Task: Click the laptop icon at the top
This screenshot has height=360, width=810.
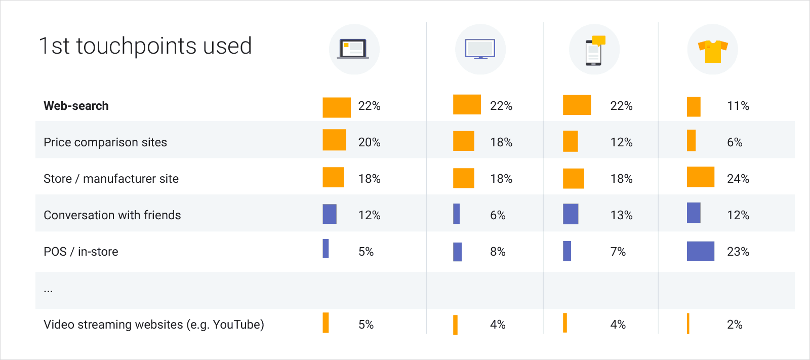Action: (x=353, y=49)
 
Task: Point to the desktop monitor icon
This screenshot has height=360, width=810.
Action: (x=480, y=49)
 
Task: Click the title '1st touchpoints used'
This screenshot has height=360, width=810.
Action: (x=145, y=46)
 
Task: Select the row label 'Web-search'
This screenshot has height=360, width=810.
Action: (x=76, y=106)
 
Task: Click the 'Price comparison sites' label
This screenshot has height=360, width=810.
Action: (x=105, y=142)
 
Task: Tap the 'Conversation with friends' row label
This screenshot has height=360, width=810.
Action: (x=112, y=215)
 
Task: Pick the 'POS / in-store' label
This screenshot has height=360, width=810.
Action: (x=81, y=252)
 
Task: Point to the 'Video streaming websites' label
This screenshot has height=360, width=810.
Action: (x=154, y=325)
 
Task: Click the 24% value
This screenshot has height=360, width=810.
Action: (x=738, y=179)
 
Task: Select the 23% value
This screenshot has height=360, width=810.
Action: (x=738, y=252)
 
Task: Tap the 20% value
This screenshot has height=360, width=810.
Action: (x=369, y=142)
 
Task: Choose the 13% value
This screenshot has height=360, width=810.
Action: (x=621, y=215)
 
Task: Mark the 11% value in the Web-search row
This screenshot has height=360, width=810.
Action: (x=738, y=106)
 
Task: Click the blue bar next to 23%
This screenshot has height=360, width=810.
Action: (x=701, y=251)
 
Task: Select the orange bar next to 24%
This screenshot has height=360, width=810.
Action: (x=701, y=177)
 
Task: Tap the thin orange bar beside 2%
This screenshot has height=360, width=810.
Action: (x=688, y=324)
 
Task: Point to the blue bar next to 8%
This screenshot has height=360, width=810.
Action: (x=457, y=252)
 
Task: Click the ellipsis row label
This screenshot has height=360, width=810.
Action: (x=48, y=290)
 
